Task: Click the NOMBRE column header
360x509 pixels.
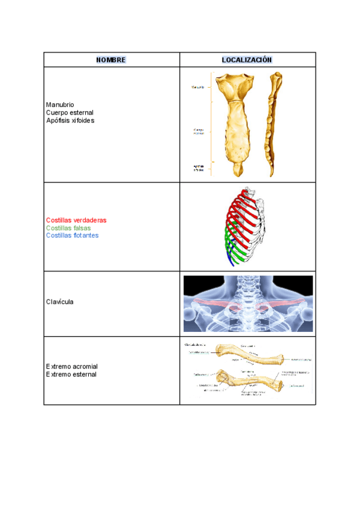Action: pos(111,60)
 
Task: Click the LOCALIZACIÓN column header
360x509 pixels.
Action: pos(247,60)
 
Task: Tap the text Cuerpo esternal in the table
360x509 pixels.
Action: pos(70,112)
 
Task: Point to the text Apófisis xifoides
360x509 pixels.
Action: pos(70,120)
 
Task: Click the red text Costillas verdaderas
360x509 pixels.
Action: pos(76,220)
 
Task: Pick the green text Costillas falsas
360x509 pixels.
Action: pos(68,228)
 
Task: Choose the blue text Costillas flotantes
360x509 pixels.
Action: pos(72,235)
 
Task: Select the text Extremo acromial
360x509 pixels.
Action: pos(71,366)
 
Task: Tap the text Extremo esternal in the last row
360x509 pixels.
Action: pos(71,374)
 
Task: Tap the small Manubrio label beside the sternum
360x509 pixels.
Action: pos(198,87)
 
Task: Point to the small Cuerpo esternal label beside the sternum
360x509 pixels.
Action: pos(199,131)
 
